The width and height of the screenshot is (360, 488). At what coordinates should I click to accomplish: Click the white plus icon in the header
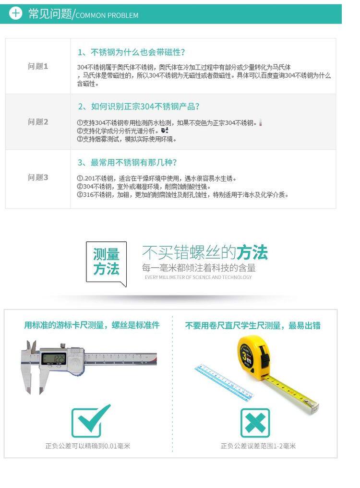pyautogui.click(x=15, y=13)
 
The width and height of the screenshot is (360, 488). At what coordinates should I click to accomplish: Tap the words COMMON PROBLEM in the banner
pyautogui.click(x=107, y=15)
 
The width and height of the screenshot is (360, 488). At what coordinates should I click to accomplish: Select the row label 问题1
pyautogui.click(x=38, y=66)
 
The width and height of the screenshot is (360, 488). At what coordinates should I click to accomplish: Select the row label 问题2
pyautogui.click(x=38, y=122)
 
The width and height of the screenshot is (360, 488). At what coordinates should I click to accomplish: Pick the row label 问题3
pyautogui.click(x=38, y=178)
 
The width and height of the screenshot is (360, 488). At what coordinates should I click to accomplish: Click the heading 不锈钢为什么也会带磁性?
pyautogui.click(x=138, y=52)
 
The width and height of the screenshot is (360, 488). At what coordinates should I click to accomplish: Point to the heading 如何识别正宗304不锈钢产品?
pyautogui.click(x=145, y=107)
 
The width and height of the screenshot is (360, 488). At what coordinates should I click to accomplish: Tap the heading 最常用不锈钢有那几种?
pyautogui.click(x=133, y=163)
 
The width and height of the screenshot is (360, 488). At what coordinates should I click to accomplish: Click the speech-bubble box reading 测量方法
pyautogui.click(x=106, y=262)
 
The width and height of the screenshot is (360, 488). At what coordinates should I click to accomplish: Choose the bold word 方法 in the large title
pyautogui.click(x=252, y=252)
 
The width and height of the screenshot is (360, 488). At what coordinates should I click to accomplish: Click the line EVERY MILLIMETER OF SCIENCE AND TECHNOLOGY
pyautogui.click(x=198, y=277)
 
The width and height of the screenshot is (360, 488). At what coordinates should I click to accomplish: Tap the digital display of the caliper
pyautogui.click(x=54, y=359)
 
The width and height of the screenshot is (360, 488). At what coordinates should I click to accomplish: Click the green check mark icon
pyautogui.click(x=91, y=421)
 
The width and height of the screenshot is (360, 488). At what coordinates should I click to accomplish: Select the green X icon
pyautogui.click(x=255, y=423)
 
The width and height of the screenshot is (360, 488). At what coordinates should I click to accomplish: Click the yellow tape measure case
pyautogui.click(x=254, y=357)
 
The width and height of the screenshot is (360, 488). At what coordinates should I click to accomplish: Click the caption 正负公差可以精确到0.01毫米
pyautogui.click(x=88, y=446)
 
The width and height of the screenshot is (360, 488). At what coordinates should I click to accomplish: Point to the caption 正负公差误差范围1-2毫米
pyautogui.click(x=258, y=446)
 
